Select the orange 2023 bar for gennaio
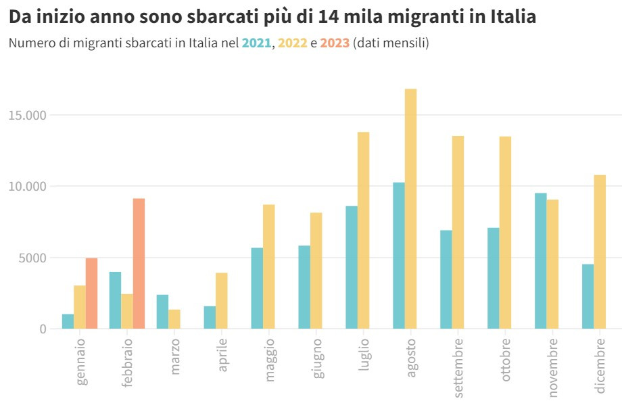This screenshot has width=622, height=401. coord(91,293)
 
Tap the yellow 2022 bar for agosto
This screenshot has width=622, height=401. coord(410,209)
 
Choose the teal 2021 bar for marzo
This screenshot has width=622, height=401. coord(162,312)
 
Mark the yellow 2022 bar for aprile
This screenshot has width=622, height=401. coord(221,301)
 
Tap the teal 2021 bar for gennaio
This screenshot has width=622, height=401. coord(68,321)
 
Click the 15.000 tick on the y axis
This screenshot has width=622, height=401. coord(27,115)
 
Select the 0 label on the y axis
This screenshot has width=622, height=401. coord(43,329)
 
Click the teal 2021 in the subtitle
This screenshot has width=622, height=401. coord(256,43)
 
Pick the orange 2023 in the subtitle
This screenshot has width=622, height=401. coord(335,43)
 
